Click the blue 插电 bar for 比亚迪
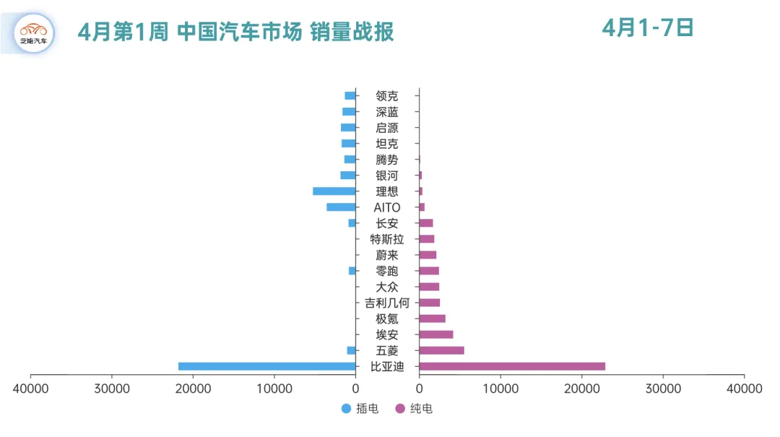pos(266,366)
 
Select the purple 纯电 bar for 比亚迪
pos(512,366)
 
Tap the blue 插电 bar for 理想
pos(334,191)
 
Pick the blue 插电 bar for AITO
pos(341,207)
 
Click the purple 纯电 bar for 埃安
pos(436,334)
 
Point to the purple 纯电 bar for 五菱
pos(441,350)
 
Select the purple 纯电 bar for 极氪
pos(432,319)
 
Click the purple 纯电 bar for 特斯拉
pos(427,239)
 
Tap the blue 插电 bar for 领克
pos(350,96)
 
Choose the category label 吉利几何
pos(387,303)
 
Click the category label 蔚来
pos(387,255)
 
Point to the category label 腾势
pos(387,160)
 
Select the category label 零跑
pos(387,271)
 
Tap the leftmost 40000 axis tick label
pos(30,389)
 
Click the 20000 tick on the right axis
pos(581,389)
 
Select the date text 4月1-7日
pos(648,28)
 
